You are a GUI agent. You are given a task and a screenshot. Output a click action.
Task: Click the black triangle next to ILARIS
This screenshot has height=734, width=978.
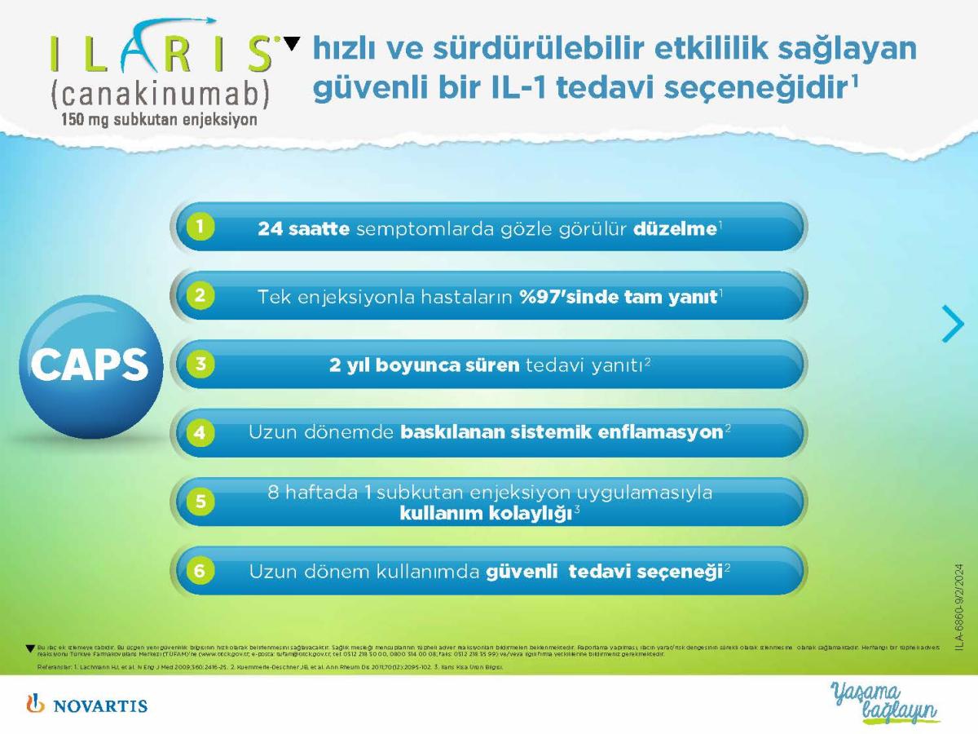[x=291, y=44]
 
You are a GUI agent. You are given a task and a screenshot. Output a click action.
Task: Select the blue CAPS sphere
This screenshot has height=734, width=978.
[x=90, y=367]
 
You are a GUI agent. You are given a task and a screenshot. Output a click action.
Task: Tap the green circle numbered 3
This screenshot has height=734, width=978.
[x=200, y=365]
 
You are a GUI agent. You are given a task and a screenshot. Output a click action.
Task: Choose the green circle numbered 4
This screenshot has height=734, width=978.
[x=200, y=432]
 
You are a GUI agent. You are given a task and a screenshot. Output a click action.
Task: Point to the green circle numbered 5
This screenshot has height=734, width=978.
[x=200, y=502]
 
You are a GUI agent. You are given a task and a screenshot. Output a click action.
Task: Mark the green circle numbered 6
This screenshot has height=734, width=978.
[x=200, y=570]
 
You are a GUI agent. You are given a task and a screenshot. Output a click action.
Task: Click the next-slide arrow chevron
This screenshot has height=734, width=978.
[x=952, y=323]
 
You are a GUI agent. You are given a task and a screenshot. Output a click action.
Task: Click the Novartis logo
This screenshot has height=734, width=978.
[x=86, y=704]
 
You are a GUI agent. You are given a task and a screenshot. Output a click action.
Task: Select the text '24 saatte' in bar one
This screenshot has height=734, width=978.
[x=303, y=229]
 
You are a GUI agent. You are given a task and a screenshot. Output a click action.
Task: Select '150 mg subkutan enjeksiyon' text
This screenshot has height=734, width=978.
[x=157, y=120]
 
